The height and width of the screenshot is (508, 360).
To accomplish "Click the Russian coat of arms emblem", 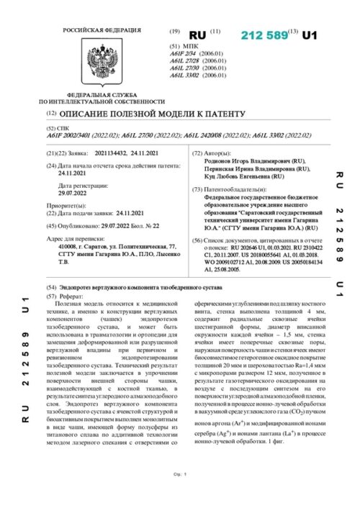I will tap(89, 63).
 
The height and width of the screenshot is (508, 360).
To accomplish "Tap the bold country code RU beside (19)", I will tap(197, 35).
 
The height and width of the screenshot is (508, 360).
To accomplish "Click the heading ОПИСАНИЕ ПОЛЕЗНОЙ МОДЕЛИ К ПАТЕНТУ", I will tap(152, 114).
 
